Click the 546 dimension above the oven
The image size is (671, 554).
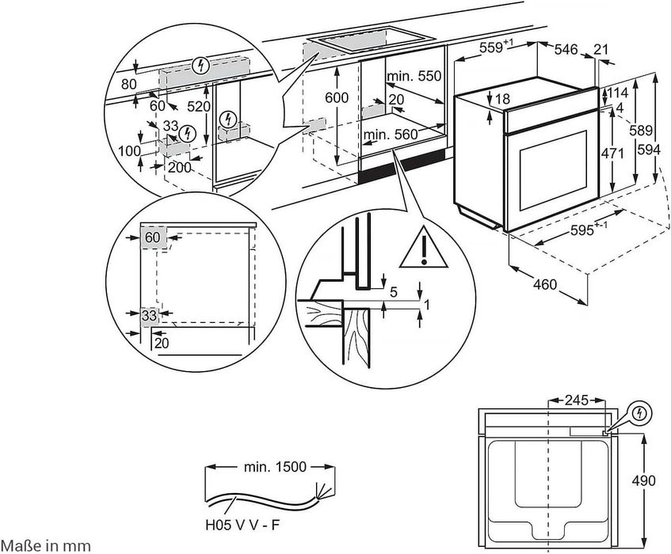[565, 49]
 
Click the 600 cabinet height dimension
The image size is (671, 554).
[337, 97]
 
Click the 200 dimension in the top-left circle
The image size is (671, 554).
[179, 166]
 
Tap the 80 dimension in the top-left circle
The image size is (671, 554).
[129, 83]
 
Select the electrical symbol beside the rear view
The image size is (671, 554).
[639, 413]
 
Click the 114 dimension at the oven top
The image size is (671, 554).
[619, 93]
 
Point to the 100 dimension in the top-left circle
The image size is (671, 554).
[129, 150]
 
